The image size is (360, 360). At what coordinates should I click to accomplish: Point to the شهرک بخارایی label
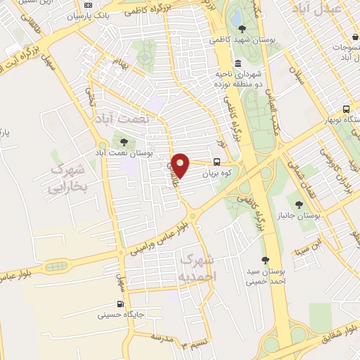(x=67, y=179)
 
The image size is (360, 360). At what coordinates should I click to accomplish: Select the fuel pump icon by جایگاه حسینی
(x=120, y=304)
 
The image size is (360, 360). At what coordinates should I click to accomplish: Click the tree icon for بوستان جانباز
(x=300, y=205)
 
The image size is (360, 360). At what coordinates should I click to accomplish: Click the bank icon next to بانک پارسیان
(x=89, y=5)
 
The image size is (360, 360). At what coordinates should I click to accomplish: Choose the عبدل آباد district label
(x=324, y=9)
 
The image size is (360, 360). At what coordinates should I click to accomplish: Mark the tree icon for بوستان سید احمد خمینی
(x=265, y=260)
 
